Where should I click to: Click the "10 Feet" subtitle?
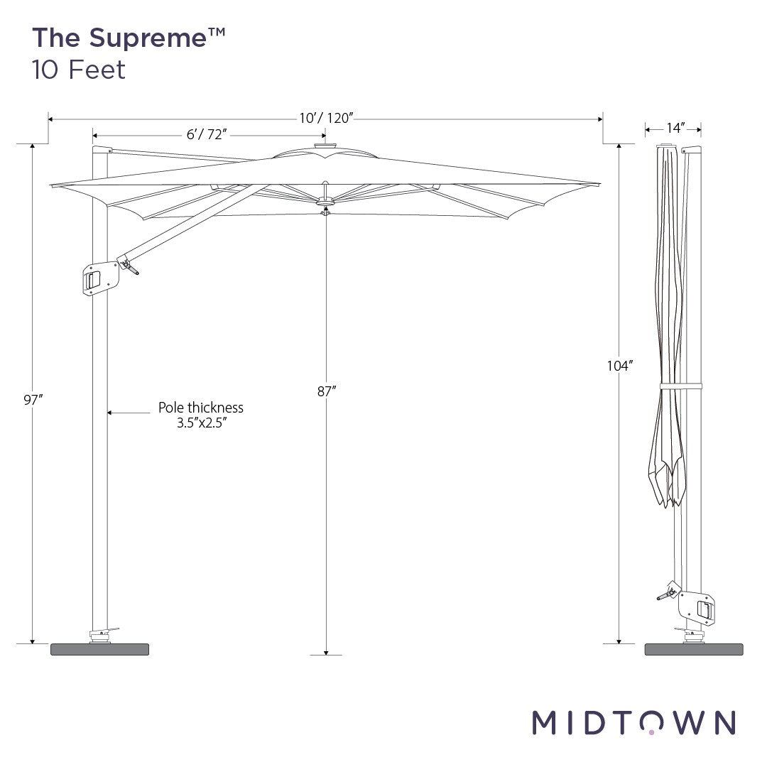pyautogui.click(x=78, y=70)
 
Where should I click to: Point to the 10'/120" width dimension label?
pyautogui.click(x=325, y=118)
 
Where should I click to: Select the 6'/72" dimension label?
pyautogui.click(x=208, y=135)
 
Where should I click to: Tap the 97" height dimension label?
pyautogui.click(x=33, y=400)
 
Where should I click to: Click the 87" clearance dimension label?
pyautogui.click(x=326, y=391)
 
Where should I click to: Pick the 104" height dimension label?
pyautogui.click(x=619, y=366)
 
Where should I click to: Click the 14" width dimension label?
pyautogui.click(x=675, y=129)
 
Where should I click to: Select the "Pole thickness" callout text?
pyautogui.click(x=201, y=408)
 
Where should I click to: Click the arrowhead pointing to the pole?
pyautogui.click(x=111, y=411)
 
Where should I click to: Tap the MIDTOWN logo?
pyautogui.click(x=633, y=722)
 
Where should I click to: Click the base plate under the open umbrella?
pyautogui.click(x=99, y=649)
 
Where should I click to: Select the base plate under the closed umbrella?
pyautogui.click(x=693, y=649)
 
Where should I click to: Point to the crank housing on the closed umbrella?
pyautogui.click(x=697, y=606)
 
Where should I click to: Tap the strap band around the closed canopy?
pyautogui.click(x=680, y=386)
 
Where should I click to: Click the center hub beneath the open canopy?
pyautogui.click(x=325, y=207)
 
